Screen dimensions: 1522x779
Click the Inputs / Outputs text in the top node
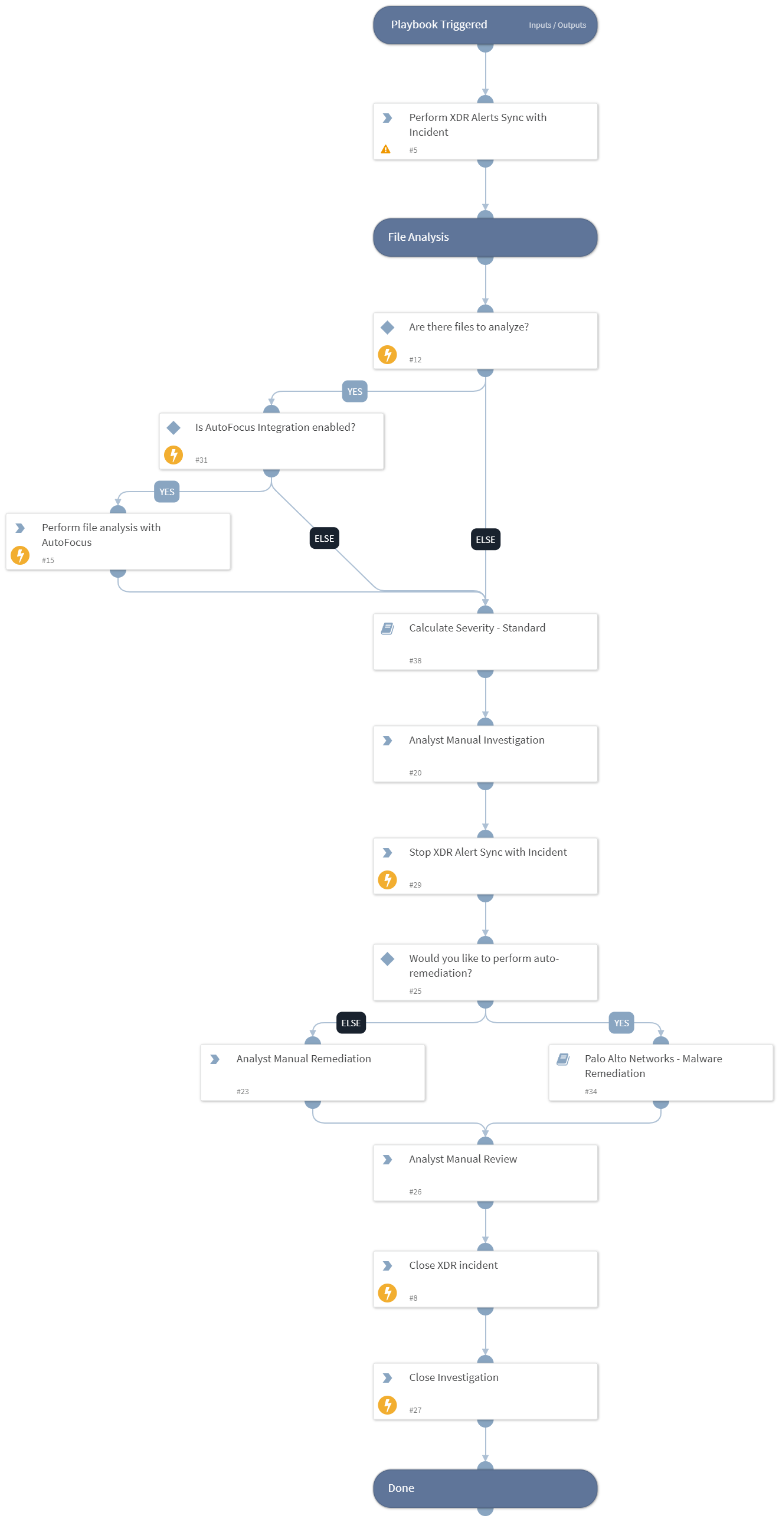(x=557, y=25)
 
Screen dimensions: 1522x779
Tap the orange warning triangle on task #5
(x=385, y=149)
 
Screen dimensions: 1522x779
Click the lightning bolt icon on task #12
(x=387, y=355)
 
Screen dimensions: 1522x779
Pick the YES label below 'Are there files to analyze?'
(x=355, y=392)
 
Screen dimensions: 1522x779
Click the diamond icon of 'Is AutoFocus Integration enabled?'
(x=173, y=427)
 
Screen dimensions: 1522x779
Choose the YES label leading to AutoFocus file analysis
(x=166, y=492)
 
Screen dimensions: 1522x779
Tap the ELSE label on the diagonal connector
(x=324, y=539)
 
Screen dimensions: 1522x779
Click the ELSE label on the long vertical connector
(x=485, y=540)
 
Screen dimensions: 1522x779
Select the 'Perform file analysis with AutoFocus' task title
(x=100, y=535)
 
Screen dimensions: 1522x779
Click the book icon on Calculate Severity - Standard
(x=387, y=628)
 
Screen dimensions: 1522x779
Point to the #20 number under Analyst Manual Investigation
(x=415, y=773)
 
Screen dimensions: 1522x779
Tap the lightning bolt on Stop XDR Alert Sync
(x=387, y=880)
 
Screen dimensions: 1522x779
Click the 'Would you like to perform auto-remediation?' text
(x=483, y=965)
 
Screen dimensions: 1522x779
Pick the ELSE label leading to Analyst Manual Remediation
(x=351, y=1023)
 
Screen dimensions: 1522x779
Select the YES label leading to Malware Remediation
(x=621, y=1023)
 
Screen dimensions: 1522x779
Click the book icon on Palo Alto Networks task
(x=562, y=1059)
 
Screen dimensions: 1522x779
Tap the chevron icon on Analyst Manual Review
(x=387, y=1160)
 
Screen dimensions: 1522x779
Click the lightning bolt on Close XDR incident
(x=387, y=1293)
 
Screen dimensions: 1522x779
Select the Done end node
(x=485, y=1488)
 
